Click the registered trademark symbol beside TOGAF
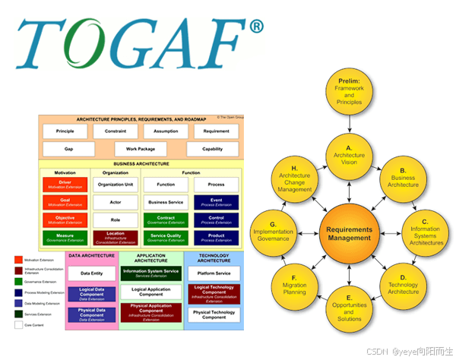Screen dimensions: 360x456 (x=257, y=27)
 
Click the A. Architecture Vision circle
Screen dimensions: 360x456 (x=350, y=155)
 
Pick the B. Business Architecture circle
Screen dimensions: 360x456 (x=403, y=179)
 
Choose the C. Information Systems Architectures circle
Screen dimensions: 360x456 (x=425, y=233)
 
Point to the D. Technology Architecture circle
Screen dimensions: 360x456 (x=403, y=288)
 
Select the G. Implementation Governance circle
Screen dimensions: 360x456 (x=273, y=233)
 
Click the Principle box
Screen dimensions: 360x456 (x=65, y=131)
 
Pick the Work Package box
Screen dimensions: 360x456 (x=141, y=150)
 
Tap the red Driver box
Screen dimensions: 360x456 (x=65, y=185)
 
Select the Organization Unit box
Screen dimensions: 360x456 (x=116, y=185)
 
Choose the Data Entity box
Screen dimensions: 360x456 (x=92, y=273)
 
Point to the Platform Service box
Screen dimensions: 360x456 (x=214, y=273)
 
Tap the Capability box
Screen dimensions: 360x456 (x=213, y=150)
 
